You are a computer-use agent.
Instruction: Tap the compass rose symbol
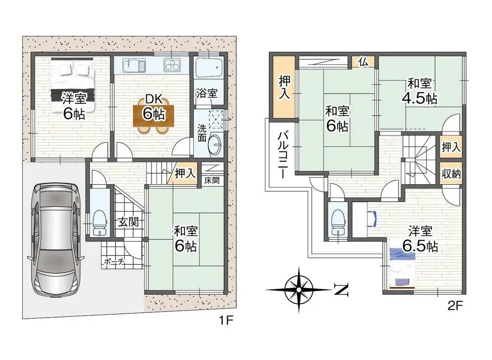coord(299,290)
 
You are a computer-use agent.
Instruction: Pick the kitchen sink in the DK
coord(134,64)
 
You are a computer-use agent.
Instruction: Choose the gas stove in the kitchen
coord(172,64)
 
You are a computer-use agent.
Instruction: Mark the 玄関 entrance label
coord(128,222)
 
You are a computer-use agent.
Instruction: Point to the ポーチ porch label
coord(114,262)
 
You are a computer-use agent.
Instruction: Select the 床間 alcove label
coord(211,181)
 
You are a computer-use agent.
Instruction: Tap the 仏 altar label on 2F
coord(363,62)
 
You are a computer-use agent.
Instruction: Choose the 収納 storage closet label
coord(451,173)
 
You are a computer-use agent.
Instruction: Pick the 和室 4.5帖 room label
coord(419,91)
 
